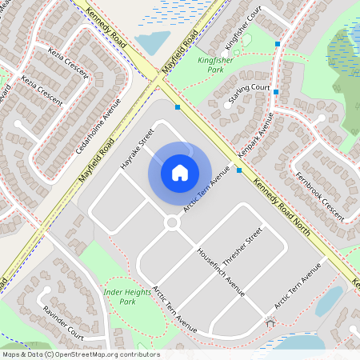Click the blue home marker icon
180,172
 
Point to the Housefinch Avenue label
220,271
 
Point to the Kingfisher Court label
243,27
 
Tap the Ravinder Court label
63,321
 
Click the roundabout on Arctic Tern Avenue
171,223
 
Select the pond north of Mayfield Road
151,42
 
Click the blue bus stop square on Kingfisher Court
278,42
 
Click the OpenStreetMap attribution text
81,354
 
